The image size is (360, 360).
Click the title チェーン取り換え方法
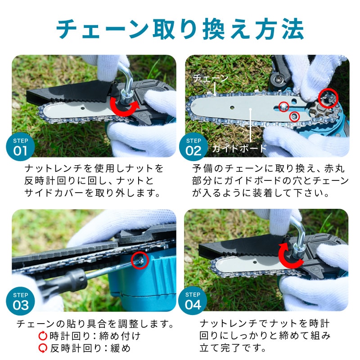click(x=180, y=29)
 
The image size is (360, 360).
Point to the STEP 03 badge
click(x=20, y=301)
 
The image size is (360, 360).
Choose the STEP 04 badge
click(x=193, y=301)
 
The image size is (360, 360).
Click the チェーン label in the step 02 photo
click(x=211, y=78)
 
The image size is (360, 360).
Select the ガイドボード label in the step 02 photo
click(x=239, y=148)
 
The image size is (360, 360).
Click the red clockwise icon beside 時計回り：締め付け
click(x=43, y=336)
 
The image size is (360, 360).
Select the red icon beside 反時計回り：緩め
click(x=43, y=348)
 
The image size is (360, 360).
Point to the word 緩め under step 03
click(x=121, y=348)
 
